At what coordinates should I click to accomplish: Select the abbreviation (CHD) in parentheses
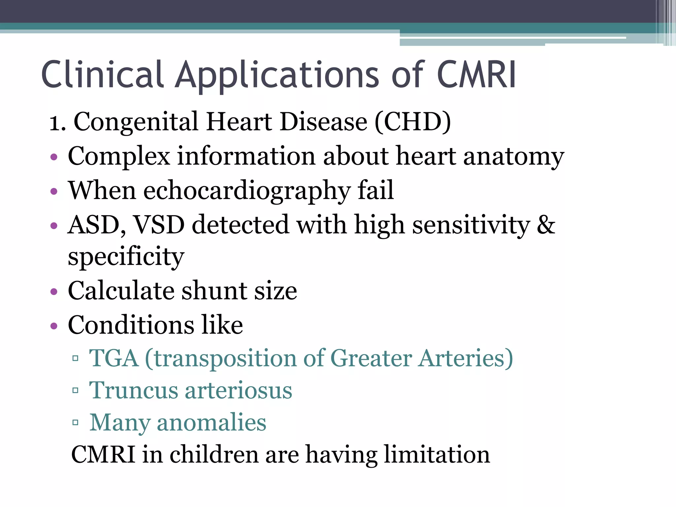413,122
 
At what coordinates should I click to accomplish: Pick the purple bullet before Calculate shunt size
54,292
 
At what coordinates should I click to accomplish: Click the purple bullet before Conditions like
54,326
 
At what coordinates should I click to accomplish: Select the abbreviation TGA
114,358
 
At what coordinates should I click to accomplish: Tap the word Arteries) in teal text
465,358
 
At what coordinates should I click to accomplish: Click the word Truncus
133,390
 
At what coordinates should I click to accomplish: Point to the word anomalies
211,423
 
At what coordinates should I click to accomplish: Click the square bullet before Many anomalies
75,422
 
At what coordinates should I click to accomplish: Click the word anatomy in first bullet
514,156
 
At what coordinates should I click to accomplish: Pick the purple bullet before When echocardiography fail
54,191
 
